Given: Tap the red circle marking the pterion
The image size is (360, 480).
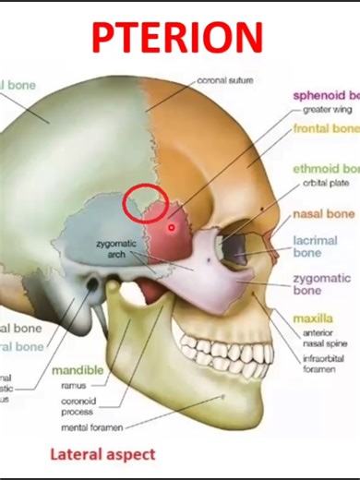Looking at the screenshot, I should (145, 203).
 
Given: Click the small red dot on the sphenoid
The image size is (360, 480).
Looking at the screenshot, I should (171, 226).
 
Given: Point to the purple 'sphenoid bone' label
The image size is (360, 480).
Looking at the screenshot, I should (326, 96).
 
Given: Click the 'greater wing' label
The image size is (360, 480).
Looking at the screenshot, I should (324, 110).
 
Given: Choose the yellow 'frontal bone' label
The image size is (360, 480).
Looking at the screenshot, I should (326, 129).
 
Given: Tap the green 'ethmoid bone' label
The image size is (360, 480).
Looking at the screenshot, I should (326, 170).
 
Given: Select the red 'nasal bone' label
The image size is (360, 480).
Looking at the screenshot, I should (323, 215).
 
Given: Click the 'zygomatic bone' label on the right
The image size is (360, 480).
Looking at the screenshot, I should (320, 284).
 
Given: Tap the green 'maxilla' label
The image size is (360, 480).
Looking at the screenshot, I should (312, 318).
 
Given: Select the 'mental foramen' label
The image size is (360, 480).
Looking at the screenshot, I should (90, 427).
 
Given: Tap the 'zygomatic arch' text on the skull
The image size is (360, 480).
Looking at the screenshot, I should (116, 248).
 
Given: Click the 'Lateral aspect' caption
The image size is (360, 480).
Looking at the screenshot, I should (102, 454).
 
